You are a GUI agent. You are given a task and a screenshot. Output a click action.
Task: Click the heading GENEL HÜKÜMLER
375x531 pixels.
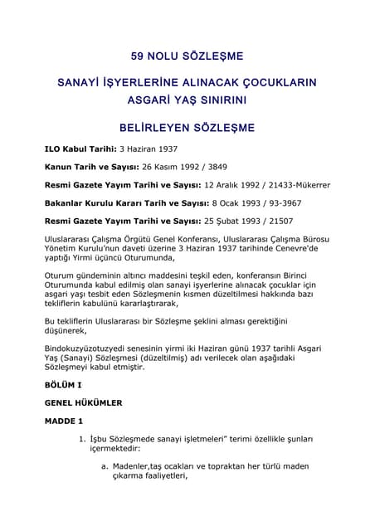tap(83, 403)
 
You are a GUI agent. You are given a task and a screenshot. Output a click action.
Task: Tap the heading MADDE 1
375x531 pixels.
tap(65, 421)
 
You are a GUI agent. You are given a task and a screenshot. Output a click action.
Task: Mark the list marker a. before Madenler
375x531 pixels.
tap(105, 466)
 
